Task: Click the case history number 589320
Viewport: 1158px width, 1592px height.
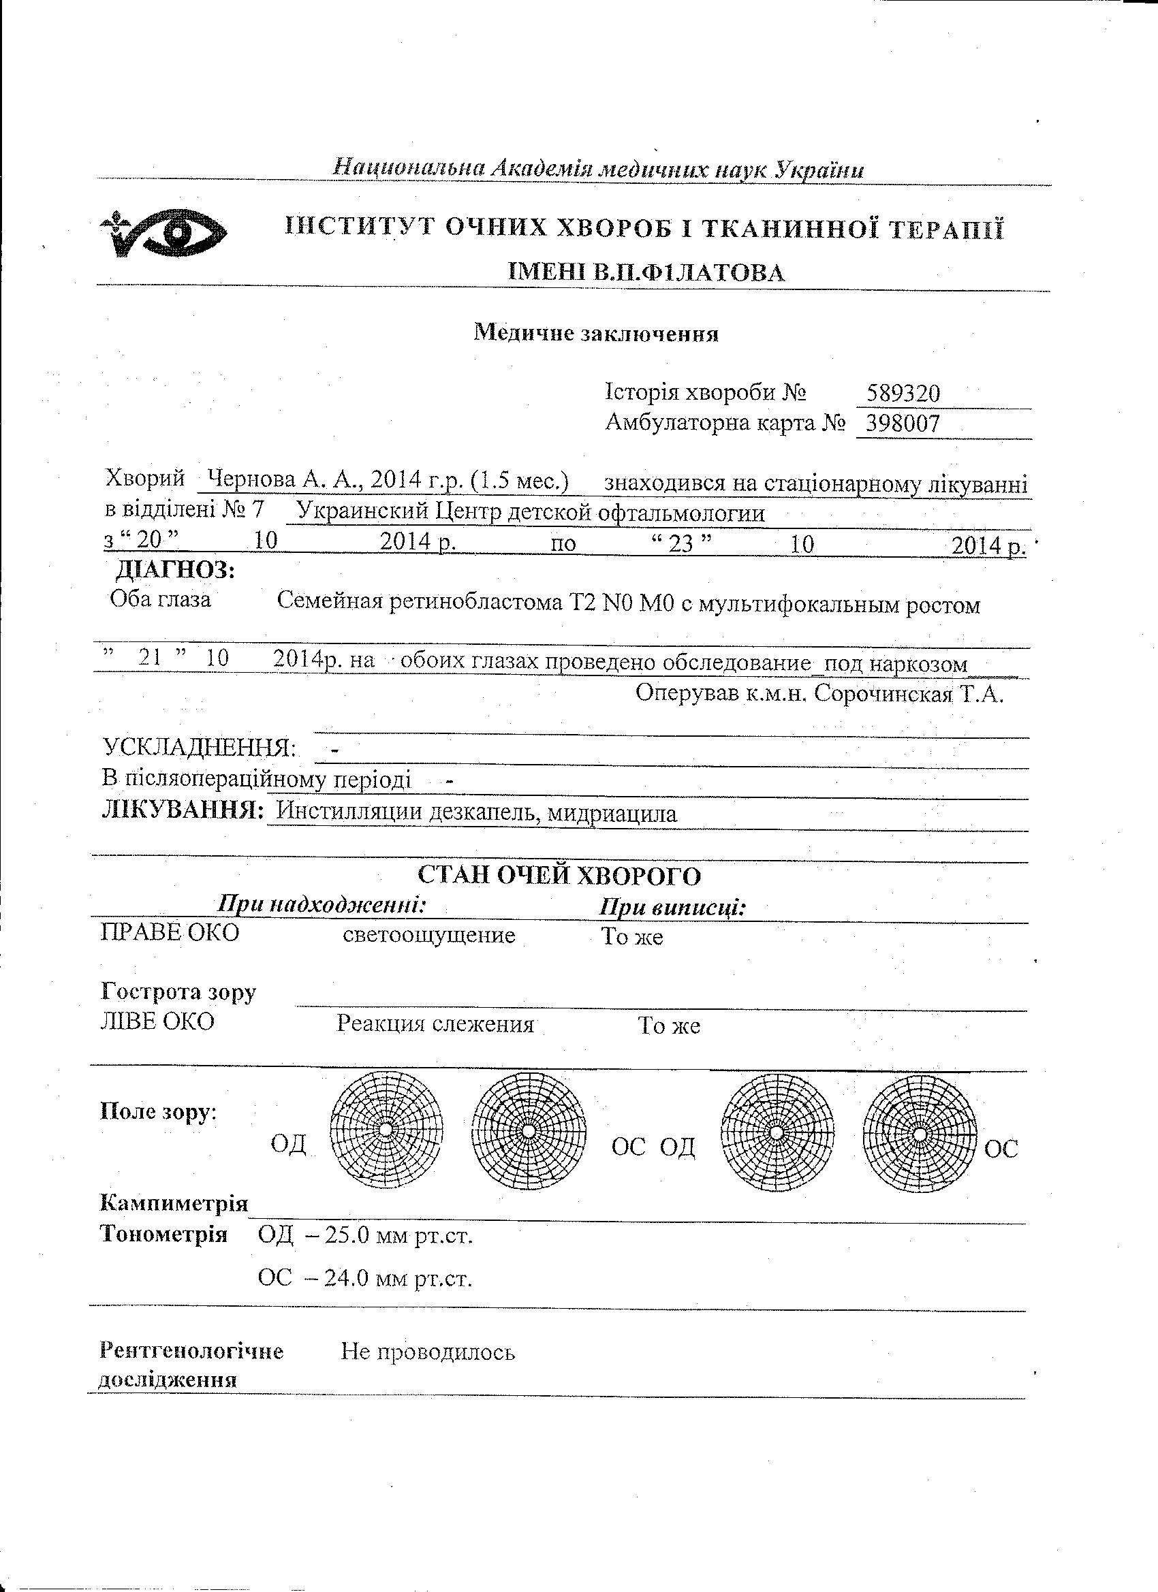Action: point(903,393)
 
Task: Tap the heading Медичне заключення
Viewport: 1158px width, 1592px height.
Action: point(596,333)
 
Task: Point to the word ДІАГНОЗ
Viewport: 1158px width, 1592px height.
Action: point(175,569)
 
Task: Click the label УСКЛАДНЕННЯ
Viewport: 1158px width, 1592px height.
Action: point(200,748)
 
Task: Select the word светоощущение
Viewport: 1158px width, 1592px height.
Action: point(428,935)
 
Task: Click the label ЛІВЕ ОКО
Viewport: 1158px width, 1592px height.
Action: point(157,1021)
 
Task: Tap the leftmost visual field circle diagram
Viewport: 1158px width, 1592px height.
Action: point(387,1130)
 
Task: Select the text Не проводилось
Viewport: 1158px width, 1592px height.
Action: point(428,1351)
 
